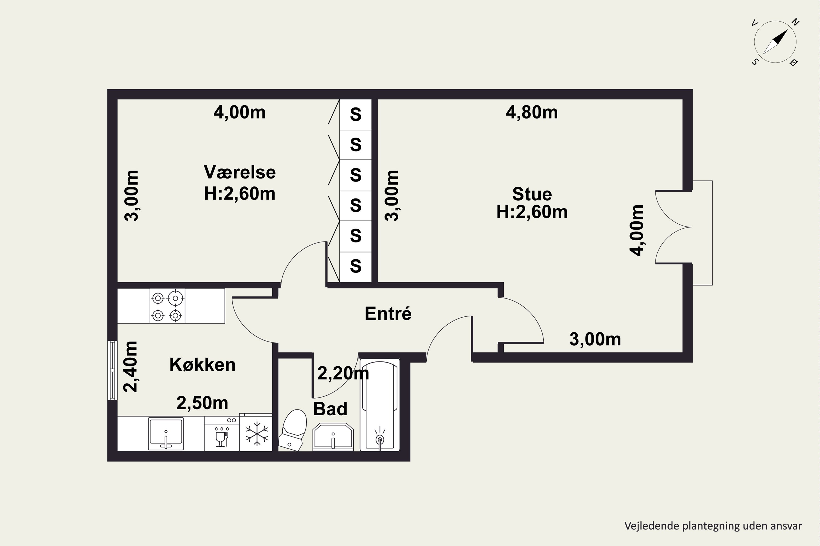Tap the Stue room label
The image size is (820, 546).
[x=532, y=194]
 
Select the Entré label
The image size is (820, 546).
[x=388, y=313]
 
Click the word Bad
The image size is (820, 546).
[x=330, y=409]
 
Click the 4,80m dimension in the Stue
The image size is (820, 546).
[x=532, y=112]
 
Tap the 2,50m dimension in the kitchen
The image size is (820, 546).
[x=202, y=403]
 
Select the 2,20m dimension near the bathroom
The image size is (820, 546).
[x=343, y=373]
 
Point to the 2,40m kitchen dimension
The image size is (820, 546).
[x=131, y=367]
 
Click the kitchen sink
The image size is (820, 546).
[x=166, y=434]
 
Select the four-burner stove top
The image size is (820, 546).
[x=167, y=306]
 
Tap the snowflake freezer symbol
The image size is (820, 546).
[x=257, y=434]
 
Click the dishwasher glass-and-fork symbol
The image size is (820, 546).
[x=221, y=436]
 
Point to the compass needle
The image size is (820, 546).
[x=775, y=42]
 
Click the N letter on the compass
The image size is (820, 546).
[x=795, y=22]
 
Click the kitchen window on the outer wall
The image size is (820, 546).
[x=112, y=370]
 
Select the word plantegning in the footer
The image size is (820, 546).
[x=711, y=526]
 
